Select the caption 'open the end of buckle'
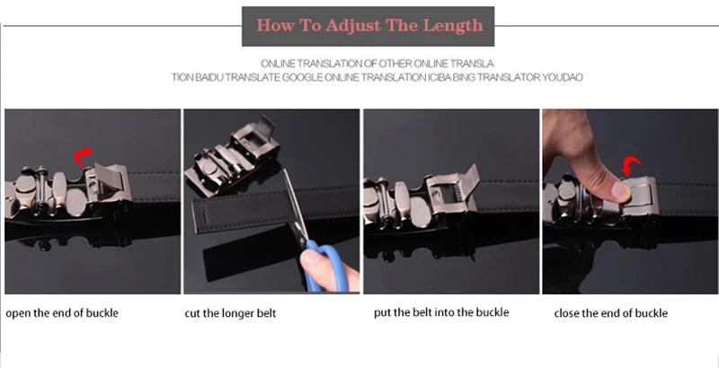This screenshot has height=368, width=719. [62, 313]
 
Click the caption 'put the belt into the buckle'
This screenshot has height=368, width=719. [441, 312]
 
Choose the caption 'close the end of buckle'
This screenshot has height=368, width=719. [611, 313]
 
